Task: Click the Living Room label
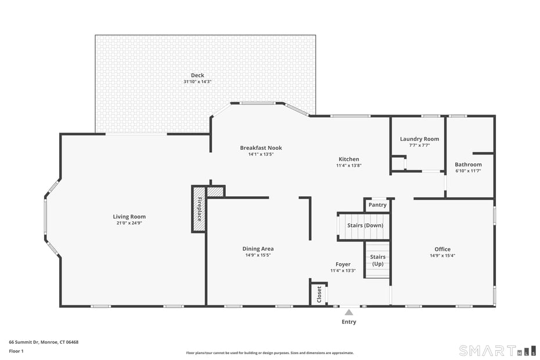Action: pyautogui.click(x=129, y=217)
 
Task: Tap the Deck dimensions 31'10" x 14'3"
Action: pyautogui.click(x=197, y=82)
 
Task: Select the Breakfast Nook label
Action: pyautogui.click(x=261, y=147)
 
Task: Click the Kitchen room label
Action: pyautogui.click(x=349, y=159)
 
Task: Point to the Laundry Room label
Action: pyautogui.click(x=419, y=139)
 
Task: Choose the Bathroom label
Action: pyautogui.click(x=468, y=164)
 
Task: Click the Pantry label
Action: pyautogui.click(x=377, y=205)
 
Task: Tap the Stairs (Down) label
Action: pyautogui.click(x=365, y=225)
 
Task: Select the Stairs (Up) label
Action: pyautogui.click(x=377, y=260)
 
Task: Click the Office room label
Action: pyautogui.click(x=442, y=249)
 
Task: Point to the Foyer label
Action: pyautogui.click(x=343, y=264)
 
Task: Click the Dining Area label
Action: pyautogui.click(x=258, y=249)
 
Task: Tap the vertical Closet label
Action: pyautogui.click(x=319, y=294)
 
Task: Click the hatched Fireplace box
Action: pyautogui.click(x=199, y=209)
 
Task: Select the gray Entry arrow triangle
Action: pyautogui.click(x=349, y=312)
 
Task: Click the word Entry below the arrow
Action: pyautogui.click(x=349, y=322)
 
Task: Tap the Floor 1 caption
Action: pyautogui.click(x=16, y=351)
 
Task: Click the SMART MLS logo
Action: pyautogui.click(x=497, y=350)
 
